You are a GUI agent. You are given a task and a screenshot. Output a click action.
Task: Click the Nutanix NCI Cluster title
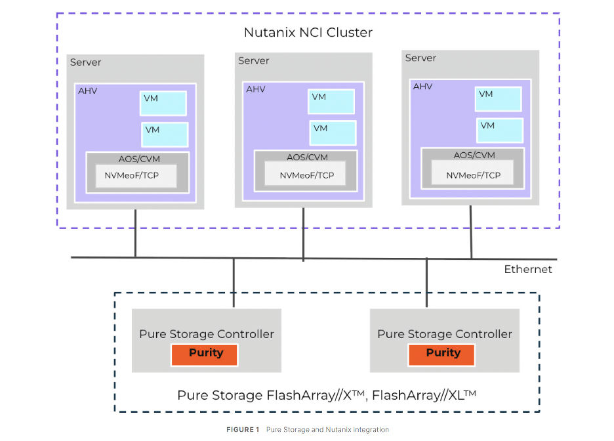point(308,32)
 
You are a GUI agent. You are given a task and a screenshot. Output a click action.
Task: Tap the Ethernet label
point(527,270)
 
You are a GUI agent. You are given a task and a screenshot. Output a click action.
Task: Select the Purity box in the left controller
point(205,354)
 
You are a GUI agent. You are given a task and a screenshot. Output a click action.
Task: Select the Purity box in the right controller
point(443,354)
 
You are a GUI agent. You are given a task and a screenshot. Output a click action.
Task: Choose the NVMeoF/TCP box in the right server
point(473,175)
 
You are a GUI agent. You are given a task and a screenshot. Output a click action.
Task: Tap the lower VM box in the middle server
point(333,133)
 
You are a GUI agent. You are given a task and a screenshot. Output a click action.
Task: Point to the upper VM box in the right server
point(499,98)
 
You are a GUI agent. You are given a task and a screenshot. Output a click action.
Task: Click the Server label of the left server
point(86,62)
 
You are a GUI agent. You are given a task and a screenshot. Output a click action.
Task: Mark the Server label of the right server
point(420,58)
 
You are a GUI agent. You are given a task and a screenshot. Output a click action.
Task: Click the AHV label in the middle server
point(255,89)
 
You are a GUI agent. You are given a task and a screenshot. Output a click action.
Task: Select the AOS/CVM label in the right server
point(472,156)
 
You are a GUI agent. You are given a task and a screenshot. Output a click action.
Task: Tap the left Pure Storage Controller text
point(206,334)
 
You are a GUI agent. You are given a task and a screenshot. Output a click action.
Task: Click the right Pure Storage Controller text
point(444,334)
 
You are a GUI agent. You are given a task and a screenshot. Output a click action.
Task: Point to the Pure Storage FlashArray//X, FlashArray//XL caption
point(326,396)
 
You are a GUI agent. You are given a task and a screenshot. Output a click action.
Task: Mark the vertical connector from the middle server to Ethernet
point(303,234)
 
